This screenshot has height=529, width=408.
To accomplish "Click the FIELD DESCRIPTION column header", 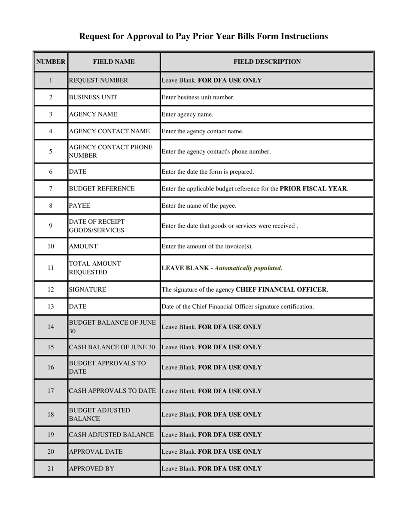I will [267, 62].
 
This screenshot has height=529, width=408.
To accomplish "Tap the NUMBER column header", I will [51, 62].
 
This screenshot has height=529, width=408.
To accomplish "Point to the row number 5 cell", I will [51, 151].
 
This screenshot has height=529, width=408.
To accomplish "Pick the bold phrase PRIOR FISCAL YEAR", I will [314, 188].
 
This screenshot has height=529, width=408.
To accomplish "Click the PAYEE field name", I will [79, 206].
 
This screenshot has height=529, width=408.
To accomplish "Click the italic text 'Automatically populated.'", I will [248, 268].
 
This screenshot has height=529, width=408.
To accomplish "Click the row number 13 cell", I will [51, 307].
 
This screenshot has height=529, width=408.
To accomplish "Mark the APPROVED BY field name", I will [91, 469].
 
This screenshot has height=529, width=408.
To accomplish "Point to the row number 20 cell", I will [51, 452].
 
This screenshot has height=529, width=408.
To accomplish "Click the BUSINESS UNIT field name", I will [93, 97].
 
